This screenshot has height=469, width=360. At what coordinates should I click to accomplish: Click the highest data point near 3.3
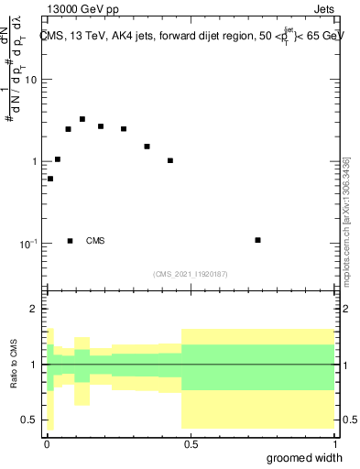[x=82, y=119]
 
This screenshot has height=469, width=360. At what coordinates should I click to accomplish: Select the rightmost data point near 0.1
[x=258, y=240]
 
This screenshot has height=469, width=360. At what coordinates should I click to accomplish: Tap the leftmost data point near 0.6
[x=50, y=179]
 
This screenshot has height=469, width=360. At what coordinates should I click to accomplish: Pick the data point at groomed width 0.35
[x=147, y=146]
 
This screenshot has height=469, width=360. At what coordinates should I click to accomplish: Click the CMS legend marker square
[x=70, y=241]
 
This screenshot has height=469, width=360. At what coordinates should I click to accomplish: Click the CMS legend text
[x=95, y=241]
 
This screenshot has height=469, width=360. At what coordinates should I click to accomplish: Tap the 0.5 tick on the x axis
[x=191, y=444]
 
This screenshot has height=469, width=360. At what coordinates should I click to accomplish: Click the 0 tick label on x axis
[x=46, y=444]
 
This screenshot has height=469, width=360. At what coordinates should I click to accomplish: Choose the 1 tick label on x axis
[x=334, y=444]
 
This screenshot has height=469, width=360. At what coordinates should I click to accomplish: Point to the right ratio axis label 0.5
[x=351, y=420]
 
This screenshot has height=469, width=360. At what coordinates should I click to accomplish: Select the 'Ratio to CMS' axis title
[x=13, y=365]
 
